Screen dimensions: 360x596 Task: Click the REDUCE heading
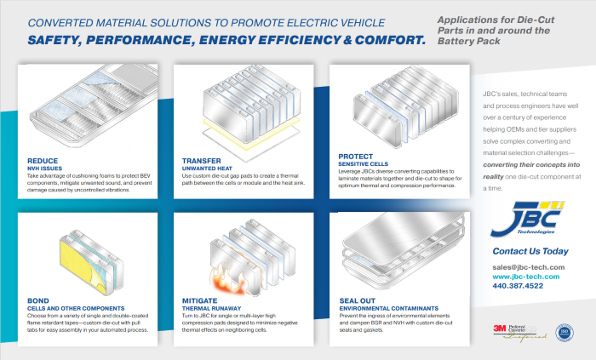pyautogui.click(x=43, y=159)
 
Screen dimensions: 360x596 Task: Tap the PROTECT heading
pyautogui.click(x=356, y=157)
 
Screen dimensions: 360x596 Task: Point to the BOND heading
pyautogui.click(x=38, y=300)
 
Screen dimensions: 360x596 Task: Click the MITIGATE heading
pyautogui.click(x=202, y=300)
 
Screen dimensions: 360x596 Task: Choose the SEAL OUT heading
pyautogui.click(x=360, y=300)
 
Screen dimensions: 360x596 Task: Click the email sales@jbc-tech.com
pyautogui.click(x=528, y=267)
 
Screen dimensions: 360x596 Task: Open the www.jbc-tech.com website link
pyautogui.click(x=525, y=277)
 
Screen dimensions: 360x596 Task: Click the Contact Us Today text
pyautogui.click(x=530, y=251)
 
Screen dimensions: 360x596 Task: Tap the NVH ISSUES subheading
pyautogui.click(x=45, y=168)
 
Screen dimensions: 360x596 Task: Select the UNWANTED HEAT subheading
pyautogui.click(x=209, y=168)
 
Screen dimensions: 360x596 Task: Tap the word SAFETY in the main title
pyautogui.click(x=63, y=40)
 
